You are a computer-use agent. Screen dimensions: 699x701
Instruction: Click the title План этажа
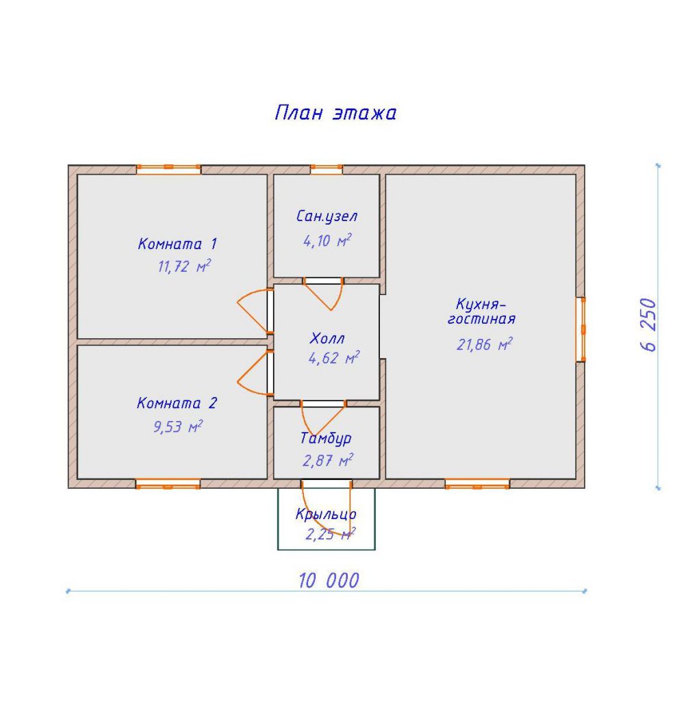pos(335,113)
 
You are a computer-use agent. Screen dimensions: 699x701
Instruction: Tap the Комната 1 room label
pos(177,244)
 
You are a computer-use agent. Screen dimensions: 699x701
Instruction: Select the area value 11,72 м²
pos(184,266)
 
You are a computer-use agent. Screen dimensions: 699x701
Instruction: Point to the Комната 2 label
pos(177,403)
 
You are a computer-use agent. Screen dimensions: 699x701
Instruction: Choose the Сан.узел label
pos(327,216)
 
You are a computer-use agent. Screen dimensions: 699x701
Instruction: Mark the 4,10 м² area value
pos(327,240)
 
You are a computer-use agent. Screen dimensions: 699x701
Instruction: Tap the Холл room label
pos(327,338)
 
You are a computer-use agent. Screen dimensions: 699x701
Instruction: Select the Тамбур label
pos(326,439)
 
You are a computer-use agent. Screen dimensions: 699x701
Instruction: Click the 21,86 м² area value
pos(484,344)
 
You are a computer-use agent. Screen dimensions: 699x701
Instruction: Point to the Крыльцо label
pos(326,514)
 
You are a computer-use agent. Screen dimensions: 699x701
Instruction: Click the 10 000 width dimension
pos(329,581)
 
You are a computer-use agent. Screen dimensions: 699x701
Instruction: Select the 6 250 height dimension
pos(648,324)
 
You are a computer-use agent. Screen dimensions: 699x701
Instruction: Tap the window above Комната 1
pos(168,169)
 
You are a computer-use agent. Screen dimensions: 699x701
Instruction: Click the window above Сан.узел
pos(327,169)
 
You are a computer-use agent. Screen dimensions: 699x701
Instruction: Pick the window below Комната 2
pos(168,484)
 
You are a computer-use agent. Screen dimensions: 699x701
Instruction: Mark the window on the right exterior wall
pos(581,329)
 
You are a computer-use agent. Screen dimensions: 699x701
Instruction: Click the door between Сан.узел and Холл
pos(323,293)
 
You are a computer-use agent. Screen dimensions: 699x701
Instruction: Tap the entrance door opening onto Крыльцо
pos(327,508)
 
